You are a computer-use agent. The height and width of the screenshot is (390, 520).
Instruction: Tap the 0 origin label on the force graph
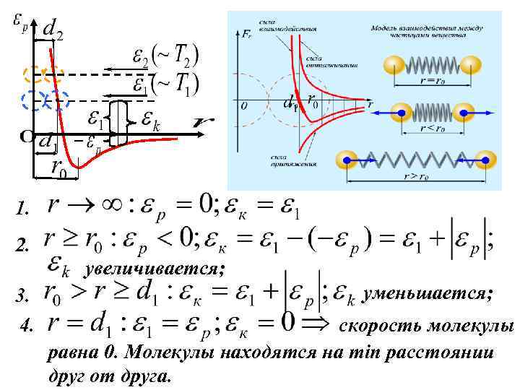[x=244, y=105]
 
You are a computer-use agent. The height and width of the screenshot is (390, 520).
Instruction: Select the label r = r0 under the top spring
[x=434, y=81]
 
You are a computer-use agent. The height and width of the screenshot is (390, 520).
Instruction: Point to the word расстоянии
[x=434, y=352]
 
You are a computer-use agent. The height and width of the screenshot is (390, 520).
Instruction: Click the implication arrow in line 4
[x=317, y=324]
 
